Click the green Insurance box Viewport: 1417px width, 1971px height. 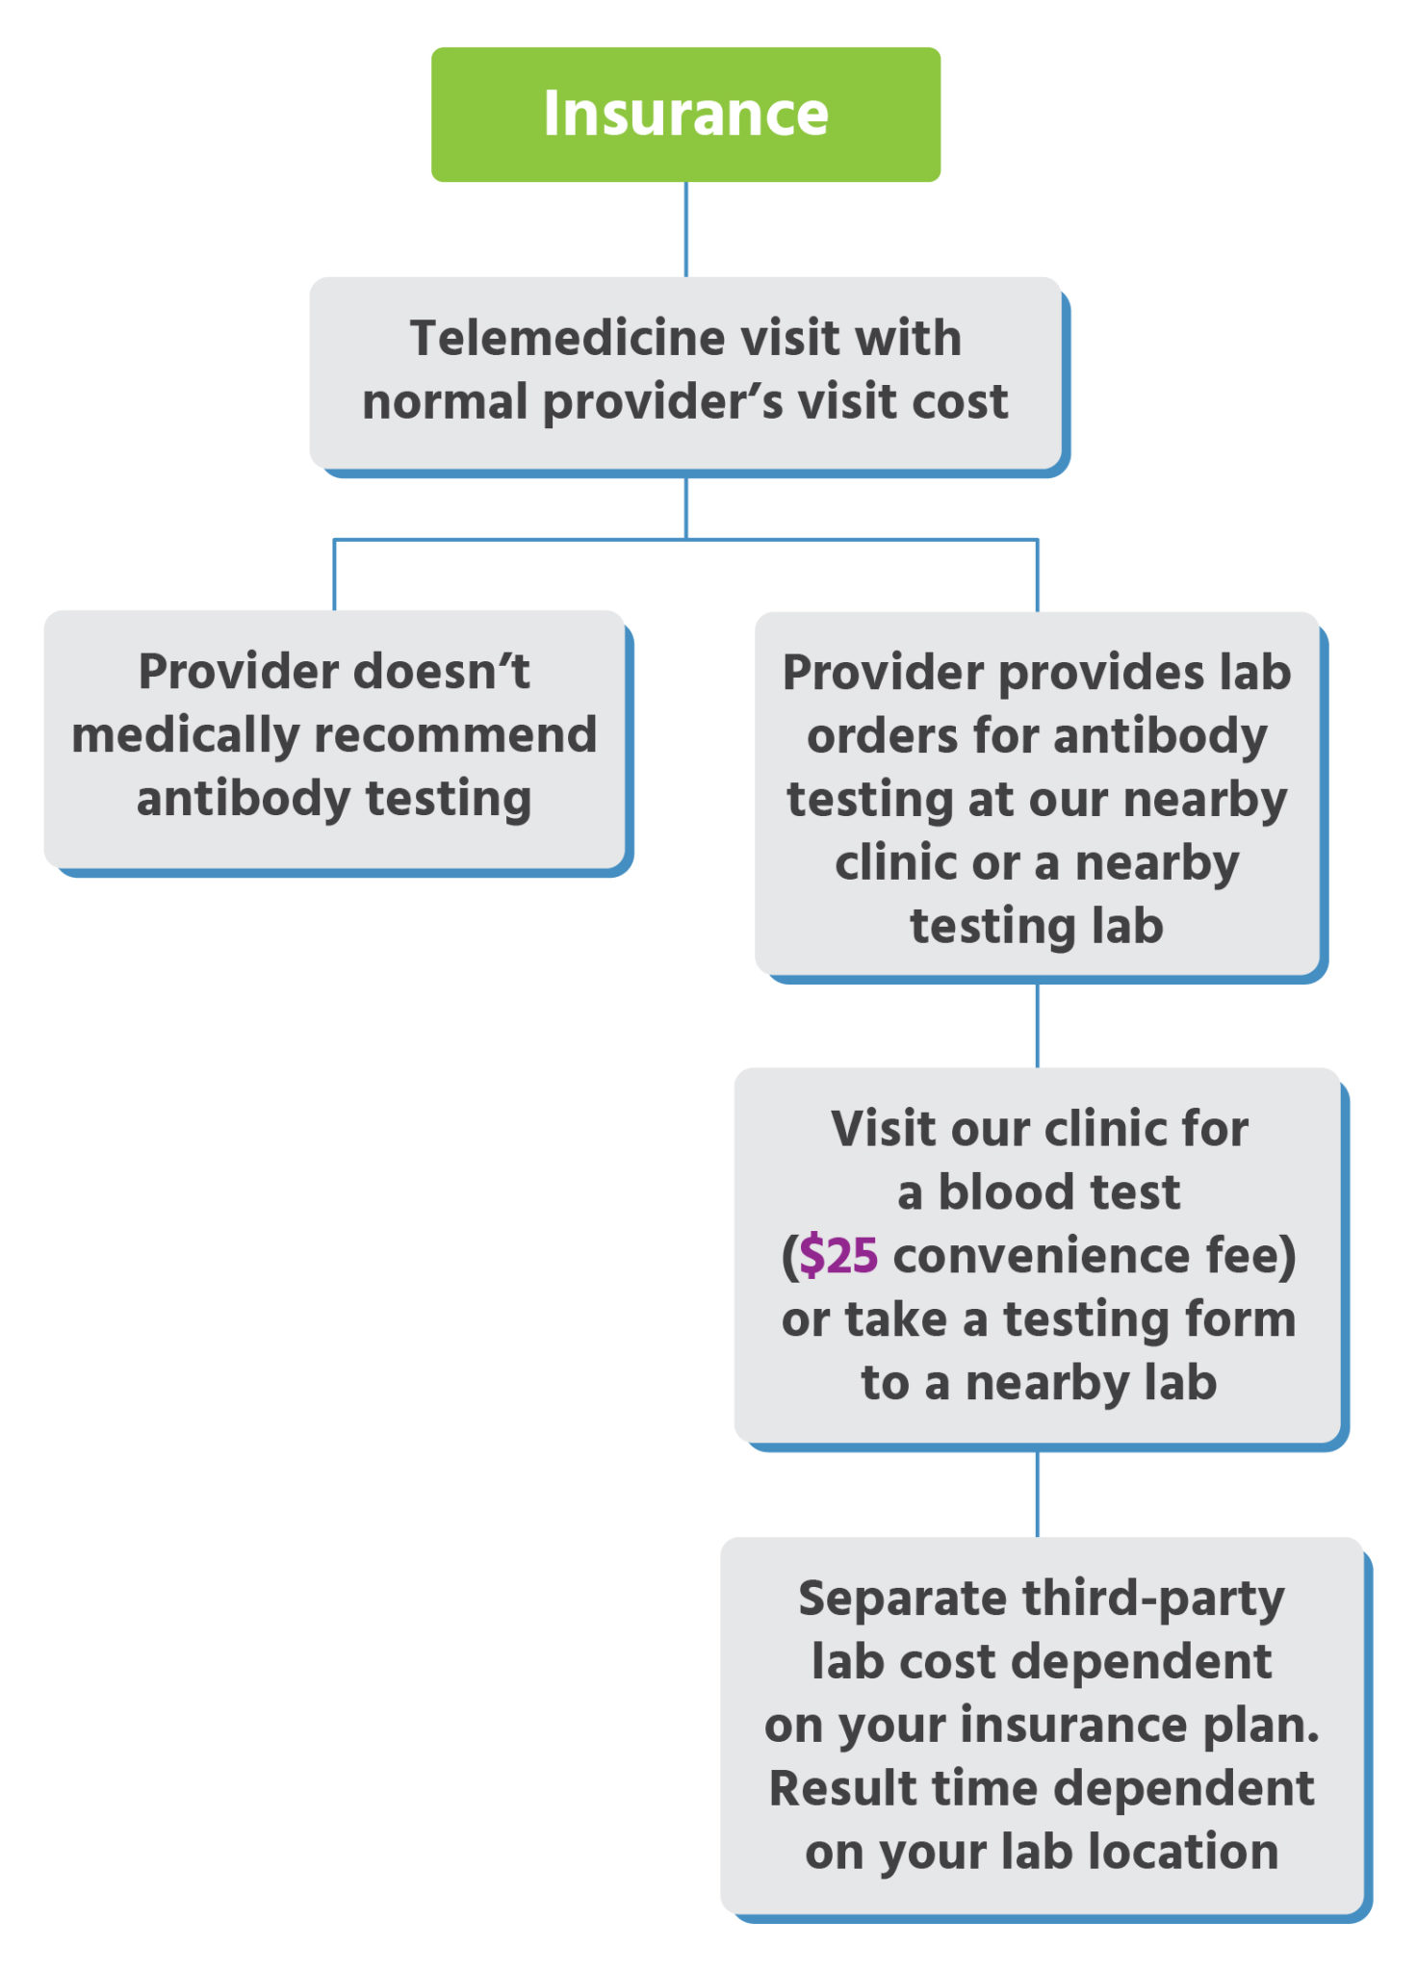click(685, 114)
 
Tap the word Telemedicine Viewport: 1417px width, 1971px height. click(567, 338)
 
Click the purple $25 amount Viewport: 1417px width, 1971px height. click(837, 1255)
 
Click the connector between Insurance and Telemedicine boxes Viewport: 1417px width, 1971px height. click(685, 229)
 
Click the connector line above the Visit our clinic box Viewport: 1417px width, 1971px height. click(1037, 1025)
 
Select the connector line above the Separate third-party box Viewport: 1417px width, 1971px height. click(1037, 1494)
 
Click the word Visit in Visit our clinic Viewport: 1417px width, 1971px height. click(883, 1128)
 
